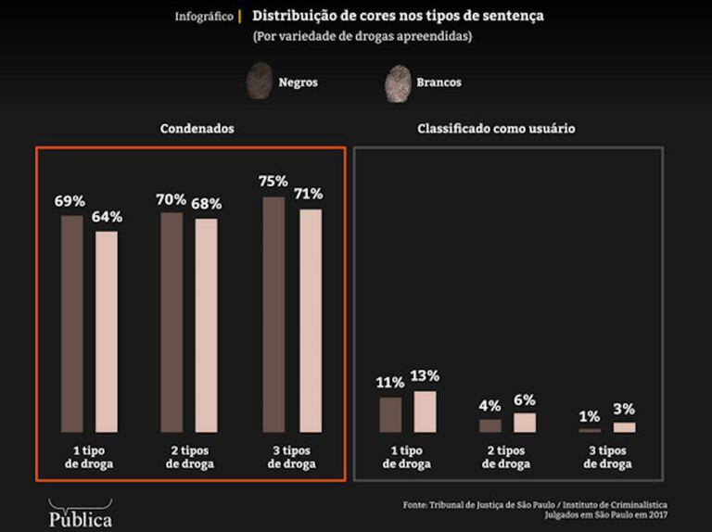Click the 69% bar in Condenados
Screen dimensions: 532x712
point(72,323)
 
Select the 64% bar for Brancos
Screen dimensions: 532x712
point(107,331)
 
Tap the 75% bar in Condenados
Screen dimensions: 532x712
point(274,314)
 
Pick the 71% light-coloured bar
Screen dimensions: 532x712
point(310,320)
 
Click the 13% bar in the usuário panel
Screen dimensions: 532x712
point(425,411)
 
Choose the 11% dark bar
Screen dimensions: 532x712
point(390,414)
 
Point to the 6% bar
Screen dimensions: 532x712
point(525,423)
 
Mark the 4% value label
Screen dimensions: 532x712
point(490,406)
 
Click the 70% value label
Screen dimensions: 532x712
point(172,199)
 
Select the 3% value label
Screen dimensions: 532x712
point(625,409)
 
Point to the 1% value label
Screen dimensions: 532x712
point(590,416)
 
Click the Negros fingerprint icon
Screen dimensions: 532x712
point(260,82)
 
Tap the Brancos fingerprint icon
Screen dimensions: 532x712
point(398,82)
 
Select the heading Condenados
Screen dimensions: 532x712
point(197,129)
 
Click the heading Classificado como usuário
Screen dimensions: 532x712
point(496,129)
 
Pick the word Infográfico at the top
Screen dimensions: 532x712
point(204,17)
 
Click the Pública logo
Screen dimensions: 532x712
point(80,515)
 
